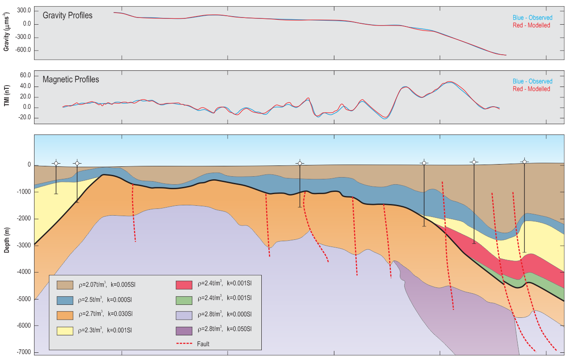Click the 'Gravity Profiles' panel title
(68, 16)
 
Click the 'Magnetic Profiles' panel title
(71, 79)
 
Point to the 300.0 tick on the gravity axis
(23, 10)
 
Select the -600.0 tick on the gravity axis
(22, 50)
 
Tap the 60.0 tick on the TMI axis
(25, 75)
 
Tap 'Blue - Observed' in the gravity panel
(532, 18)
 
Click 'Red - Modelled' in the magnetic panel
(531, 89)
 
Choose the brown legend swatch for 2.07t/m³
(65, 285)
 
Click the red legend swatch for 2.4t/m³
(183, 285)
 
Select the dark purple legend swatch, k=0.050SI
(183, 331)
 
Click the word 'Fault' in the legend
(203, 344)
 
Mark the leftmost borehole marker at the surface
(56, 163)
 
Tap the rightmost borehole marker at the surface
(524, 161)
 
